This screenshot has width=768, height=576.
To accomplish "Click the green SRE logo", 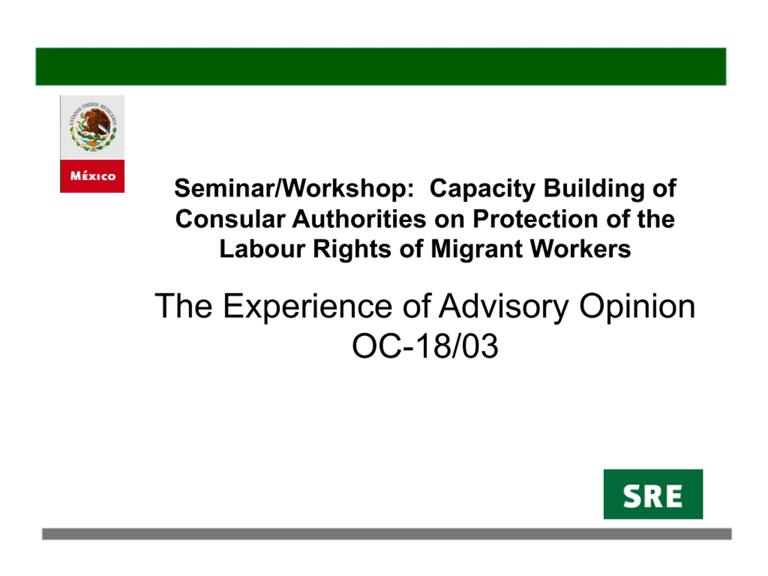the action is pyautogui.click(x=653, y=494).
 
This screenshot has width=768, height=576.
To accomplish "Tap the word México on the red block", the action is pyautogui.click(x=93, y=176).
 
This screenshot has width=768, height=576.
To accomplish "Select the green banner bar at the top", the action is pyautogui.click(x=381, y=67).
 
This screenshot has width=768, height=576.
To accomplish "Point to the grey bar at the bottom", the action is pyautogui.click(x=387, y=534).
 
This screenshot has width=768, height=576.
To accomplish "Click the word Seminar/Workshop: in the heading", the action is pyautogui.click(x=294, y=188).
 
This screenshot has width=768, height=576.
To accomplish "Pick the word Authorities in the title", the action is pyautogui.click(x=359, y=219).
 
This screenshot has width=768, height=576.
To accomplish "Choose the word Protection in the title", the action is pyautogui.click(x=535, y=219).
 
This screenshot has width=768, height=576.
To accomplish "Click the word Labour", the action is pyautogui.click(x=262, y=249).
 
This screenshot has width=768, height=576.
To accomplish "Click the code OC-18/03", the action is pyautogui.click(x=425, y=346).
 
